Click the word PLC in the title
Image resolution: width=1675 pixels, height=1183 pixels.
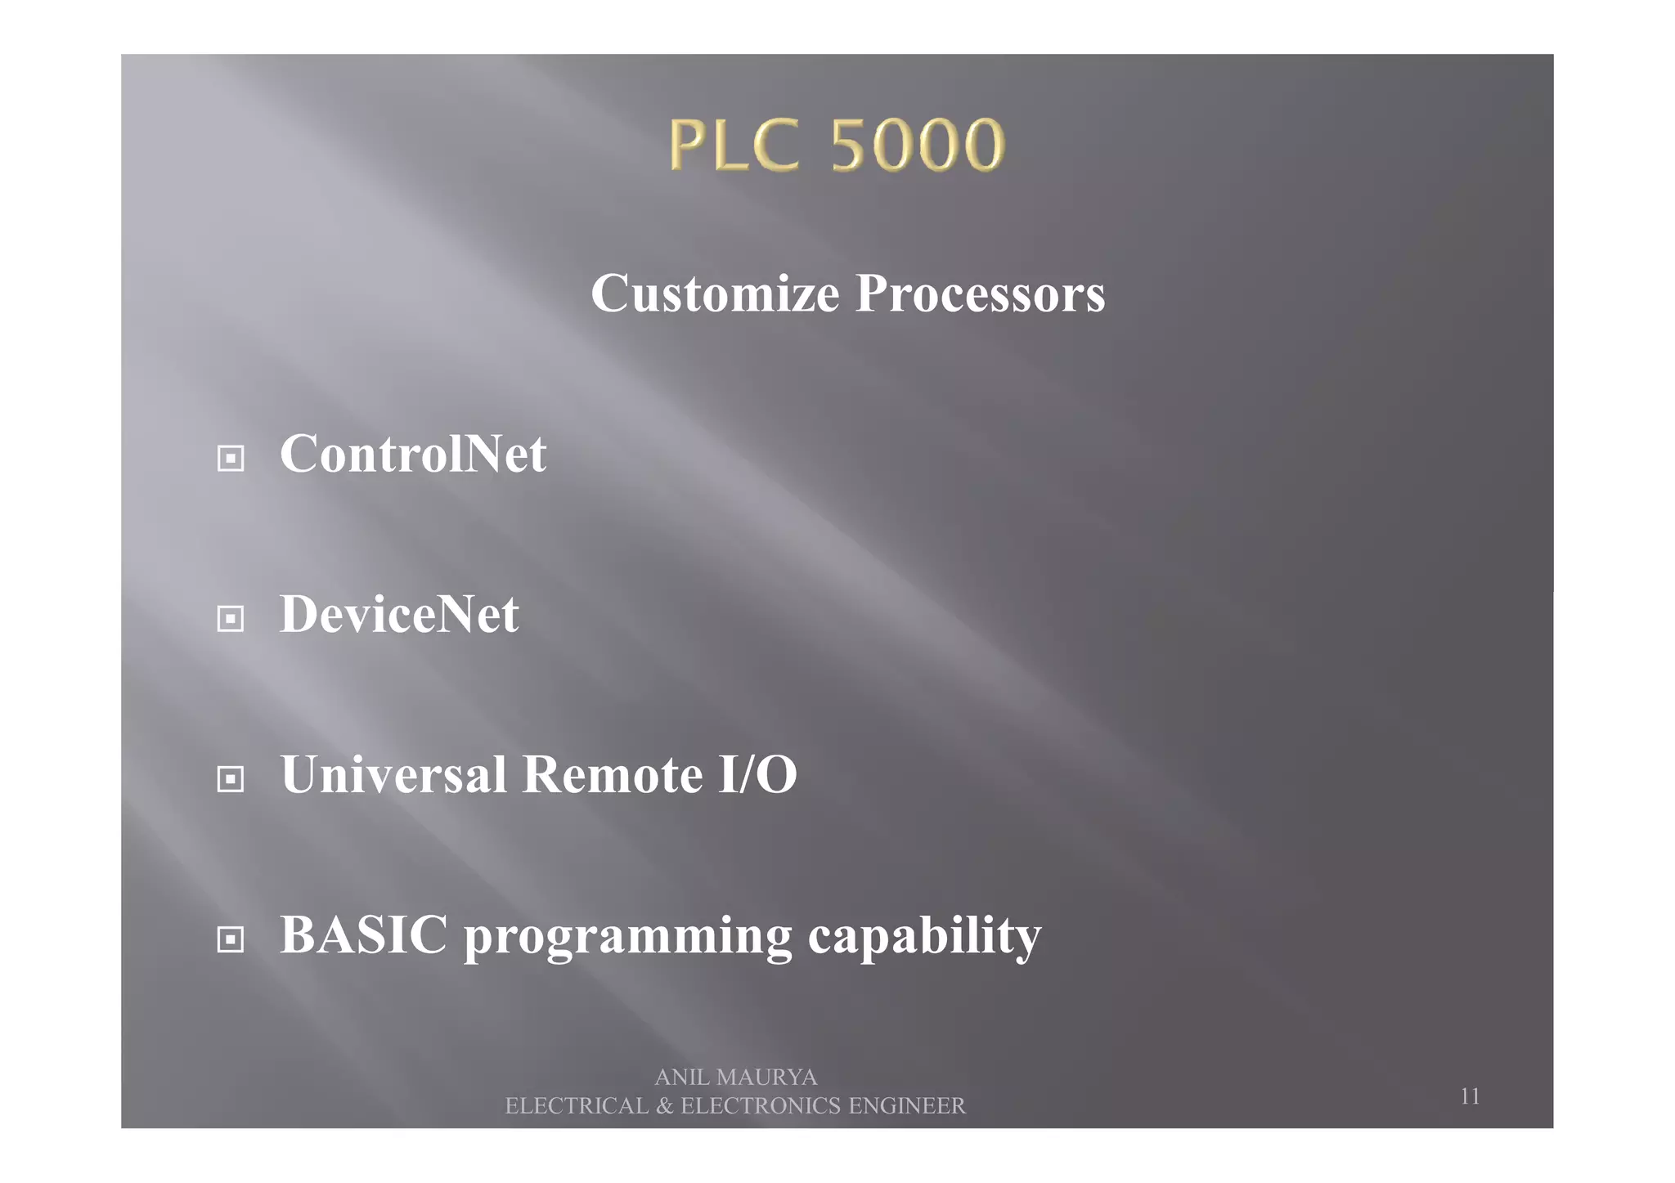point(734,145)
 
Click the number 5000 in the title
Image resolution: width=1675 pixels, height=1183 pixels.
point(918,145)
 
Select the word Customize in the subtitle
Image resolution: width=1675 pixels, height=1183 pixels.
point(715,294)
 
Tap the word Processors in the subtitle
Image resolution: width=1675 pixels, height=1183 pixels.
point(980,294)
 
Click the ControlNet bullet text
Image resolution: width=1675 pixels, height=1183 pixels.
point(413,454)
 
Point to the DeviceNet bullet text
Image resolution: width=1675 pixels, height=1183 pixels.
point(399,614)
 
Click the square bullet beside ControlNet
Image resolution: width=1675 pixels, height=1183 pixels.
point(231,459)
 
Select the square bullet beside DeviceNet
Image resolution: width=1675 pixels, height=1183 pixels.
point(231,619)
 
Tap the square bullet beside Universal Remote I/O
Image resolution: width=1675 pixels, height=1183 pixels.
point(231,779)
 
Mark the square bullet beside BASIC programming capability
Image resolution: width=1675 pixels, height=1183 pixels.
point(231,939)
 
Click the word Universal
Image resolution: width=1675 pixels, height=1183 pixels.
point(393,774)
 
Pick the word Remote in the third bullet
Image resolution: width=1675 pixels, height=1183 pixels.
point(612,774)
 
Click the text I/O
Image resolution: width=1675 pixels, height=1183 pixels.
point(757,774)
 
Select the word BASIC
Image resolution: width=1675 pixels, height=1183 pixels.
point(364,934)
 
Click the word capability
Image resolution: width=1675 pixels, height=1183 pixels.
point(924,936)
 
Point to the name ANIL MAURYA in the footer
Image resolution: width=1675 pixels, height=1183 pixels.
point(736,1078)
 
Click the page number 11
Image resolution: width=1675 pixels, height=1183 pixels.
point(1470,1096)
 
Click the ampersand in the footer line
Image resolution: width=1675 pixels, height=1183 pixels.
point(665,1106)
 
